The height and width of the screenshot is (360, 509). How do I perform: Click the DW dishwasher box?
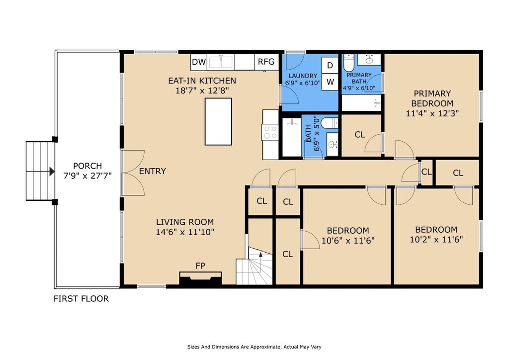[199, 62]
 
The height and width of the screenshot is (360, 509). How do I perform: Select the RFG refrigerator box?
[266, 62]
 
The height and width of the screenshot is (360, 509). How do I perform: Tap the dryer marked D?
[330, 66]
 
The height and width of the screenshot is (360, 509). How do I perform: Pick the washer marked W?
[330, 82]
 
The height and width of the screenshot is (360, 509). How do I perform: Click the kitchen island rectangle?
[218, 121]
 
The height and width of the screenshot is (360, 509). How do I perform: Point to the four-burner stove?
[270, 132]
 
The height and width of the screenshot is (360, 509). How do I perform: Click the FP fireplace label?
[200, 266]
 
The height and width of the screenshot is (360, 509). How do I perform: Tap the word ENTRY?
[152, 171]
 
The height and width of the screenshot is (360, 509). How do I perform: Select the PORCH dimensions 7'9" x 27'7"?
[87, 176]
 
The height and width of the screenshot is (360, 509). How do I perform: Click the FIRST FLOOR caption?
[81, 299]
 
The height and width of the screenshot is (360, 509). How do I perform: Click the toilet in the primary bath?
[348, 63]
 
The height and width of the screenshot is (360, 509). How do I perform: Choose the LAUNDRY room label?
[303, 76]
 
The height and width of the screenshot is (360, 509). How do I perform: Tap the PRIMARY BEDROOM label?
[432, 98]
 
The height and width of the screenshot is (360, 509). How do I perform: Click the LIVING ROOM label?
[185, 222]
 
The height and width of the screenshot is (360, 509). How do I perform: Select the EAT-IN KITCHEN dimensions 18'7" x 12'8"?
[202, 90]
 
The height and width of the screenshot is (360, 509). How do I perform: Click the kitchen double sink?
[220, 62]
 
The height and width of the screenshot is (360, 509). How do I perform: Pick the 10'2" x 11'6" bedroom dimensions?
[436, 240]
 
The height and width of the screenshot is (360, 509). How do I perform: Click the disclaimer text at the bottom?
[254, 347]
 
